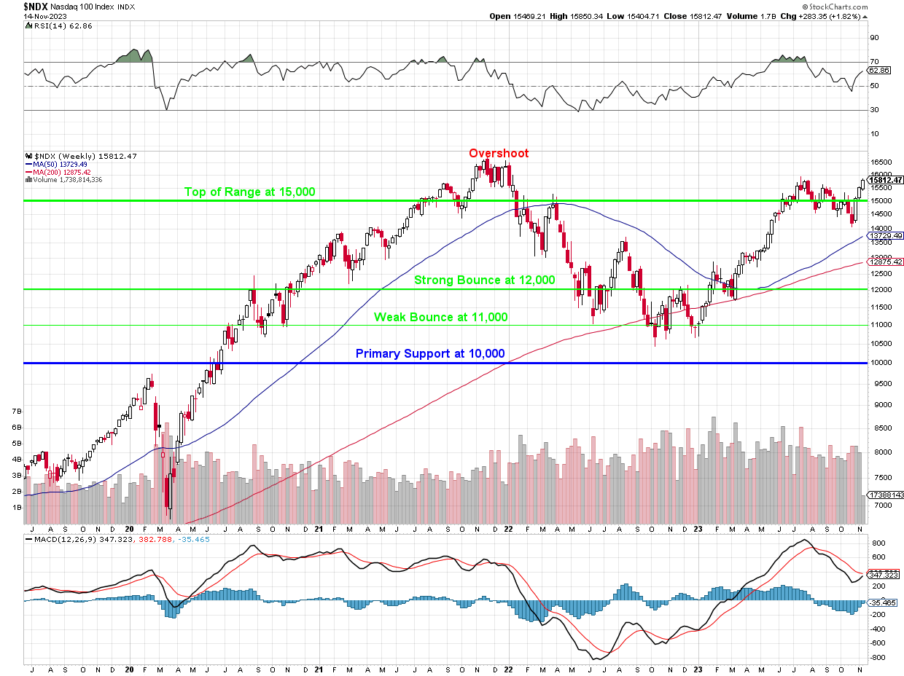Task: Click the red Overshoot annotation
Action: (499, 154)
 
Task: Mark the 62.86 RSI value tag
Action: (883, 71)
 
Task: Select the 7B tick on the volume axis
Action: (17, 412)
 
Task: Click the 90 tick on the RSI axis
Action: (874, 38)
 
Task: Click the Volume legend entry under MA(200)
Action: (65, 179)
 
